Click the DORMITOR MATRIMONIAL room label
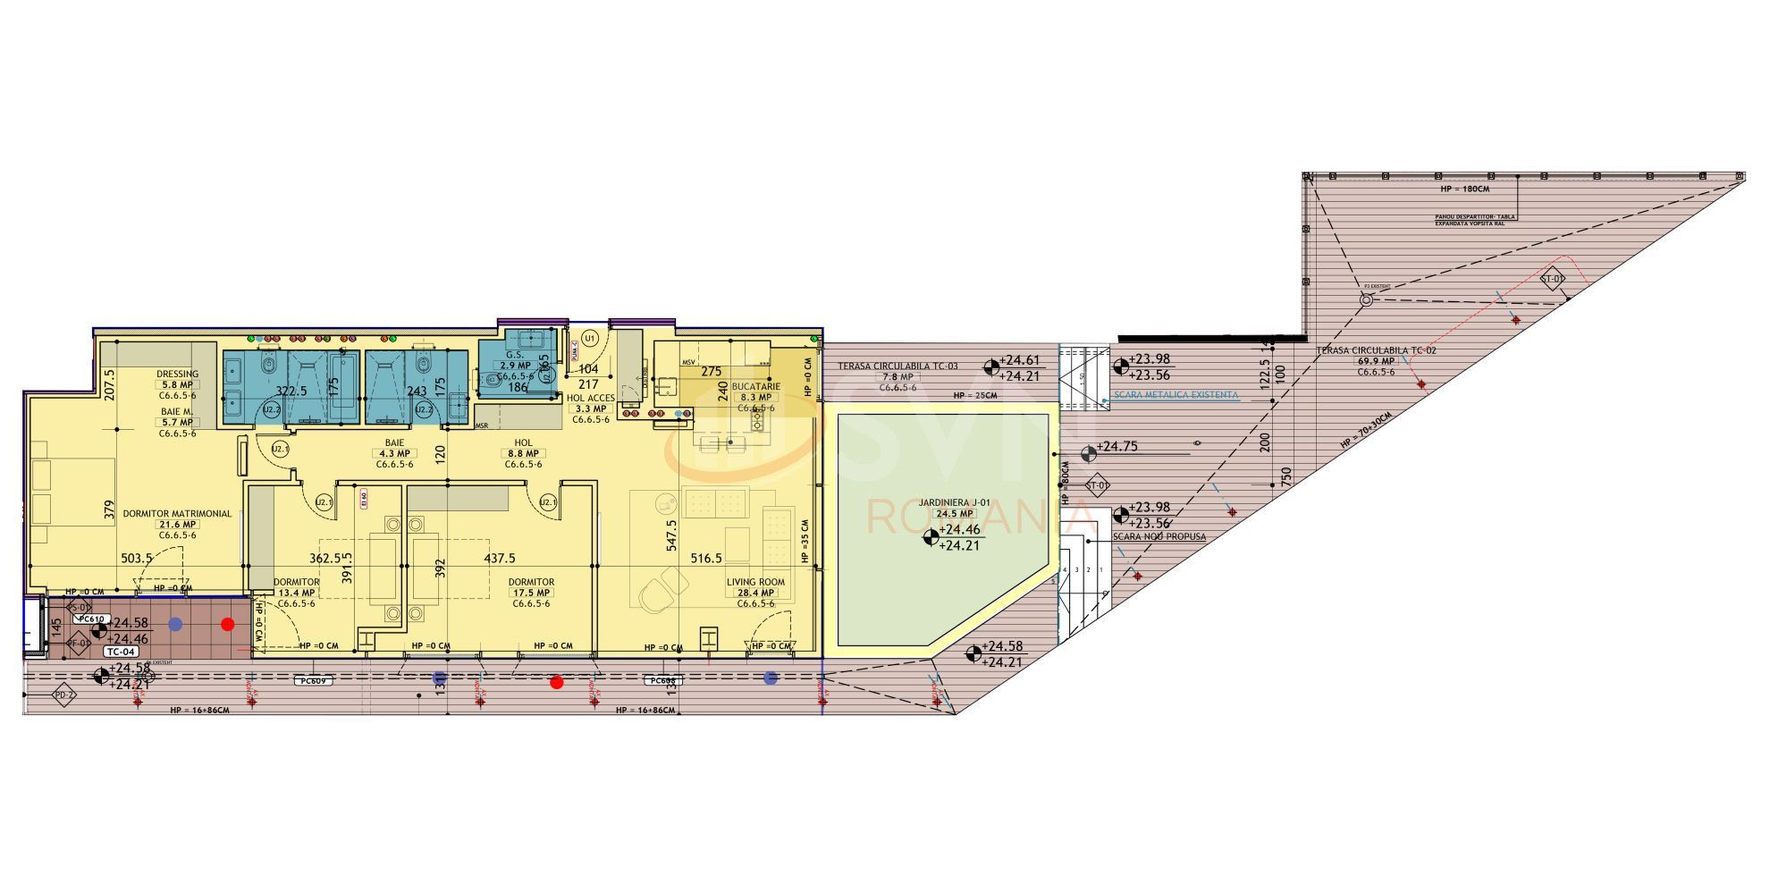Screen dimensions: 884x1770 [177, 514]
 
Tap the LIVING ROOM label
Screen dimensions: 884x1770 [755, 582]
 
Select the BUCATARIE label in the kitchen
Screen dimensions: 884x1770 [756, 387]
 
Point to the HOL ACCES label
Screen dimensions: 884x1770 [590, 399]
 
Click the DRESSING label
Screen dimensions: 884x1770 [177, 375]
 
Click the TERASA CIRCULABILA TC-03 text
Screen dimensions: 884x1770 [897, 366]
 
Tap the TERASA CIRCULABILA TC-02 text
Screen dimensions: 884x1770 [1376, 351]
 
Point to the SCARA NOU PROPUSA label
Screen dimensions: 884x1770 [1159, 537]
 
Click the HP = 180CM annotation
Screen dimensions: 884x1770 [1464, 189]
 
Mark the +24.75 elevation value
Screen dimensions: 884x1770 [1117, 447]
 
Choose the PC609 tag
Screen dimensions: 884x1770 [313, 681]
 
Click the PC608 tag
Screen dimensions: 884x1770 [662, 681]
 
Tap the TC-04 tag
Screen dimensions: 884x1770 [120, 652]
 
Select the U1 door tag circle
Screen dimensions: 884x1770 [589, 338]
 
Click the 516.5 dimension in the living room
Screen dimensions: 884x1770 [706, 559]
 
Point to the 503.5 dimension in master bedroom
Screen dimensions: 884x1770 [136, 559]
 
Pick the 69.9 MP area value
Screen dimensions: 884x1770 [1375, 362]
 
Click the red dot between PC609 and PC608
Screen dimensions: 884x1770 [557, 683]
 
